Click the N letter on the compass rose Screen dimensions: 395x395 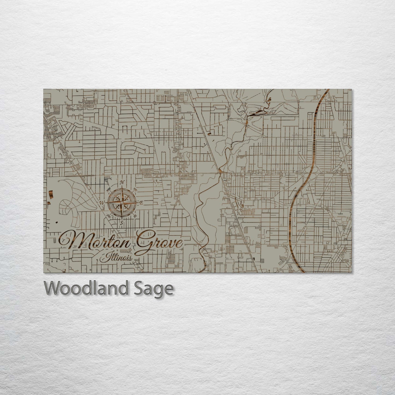[x=123, y=183]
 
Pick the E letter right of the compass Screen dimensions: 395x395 [x=141, y=203]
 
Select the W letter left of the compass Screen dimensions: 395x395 [x=102, y=203]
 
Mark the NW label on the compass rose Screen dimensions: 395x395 [x=108, y=189]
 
